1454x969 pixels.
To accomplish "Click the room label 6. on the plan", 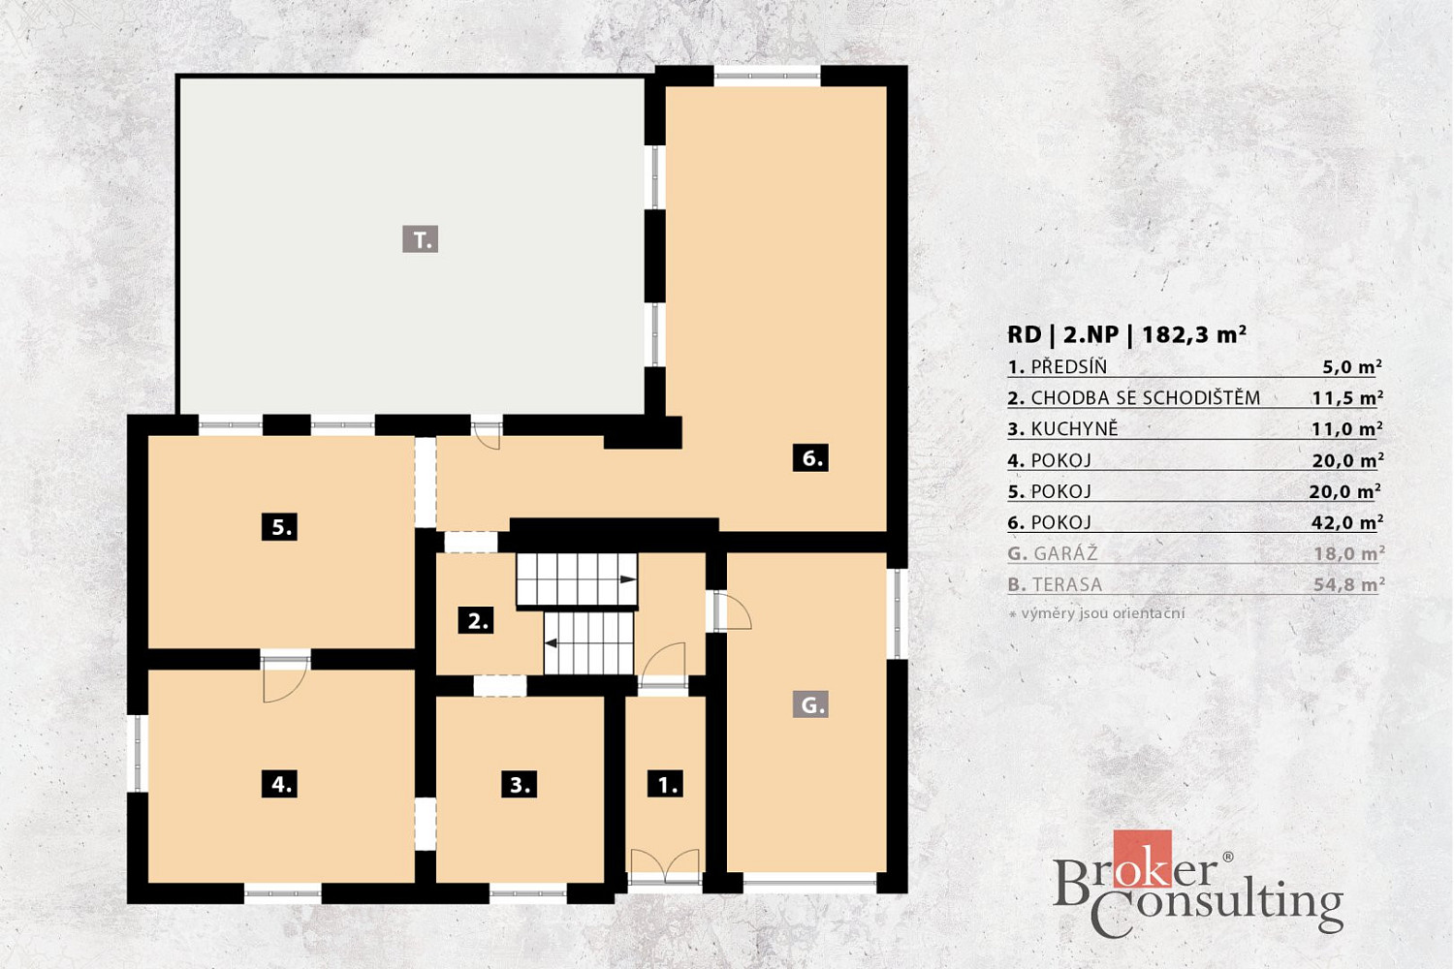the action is (x=810, y=458).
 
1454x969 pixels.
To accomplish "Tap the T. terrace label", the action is (x=420, y=239).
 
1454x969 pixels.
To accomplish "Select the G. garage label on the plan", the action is (x=810, y=704).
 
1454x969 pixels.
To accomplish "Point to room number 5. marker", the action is (x=280, y=527).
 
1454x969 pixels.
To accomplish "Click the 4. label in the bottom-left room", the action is (x=280, y=784).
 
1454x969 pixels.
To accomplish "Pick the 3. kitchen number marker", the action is (x=520, y=785).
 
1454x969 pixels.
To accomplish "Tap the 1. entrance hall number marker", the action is (x=665, y=784).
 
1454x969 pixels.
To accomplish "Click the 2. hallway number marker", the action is (x=476, y=621).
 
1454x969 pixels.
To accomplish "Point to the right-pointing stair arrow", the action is (x=627, y=579).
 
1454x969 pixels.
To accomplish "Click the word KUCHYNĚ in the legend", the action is (x=1074, y=429).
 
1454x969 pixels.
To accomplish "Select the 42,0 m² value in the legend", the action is (x=1347, y=522).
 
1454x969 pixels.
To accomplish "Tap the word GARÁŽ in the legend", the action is (x=1066, y=553).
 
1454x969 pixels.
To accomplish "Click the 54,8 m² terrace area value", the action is (x=1349, y=584).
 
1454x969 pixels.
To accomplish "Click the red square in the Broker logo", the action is (x=1143, y=858).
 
